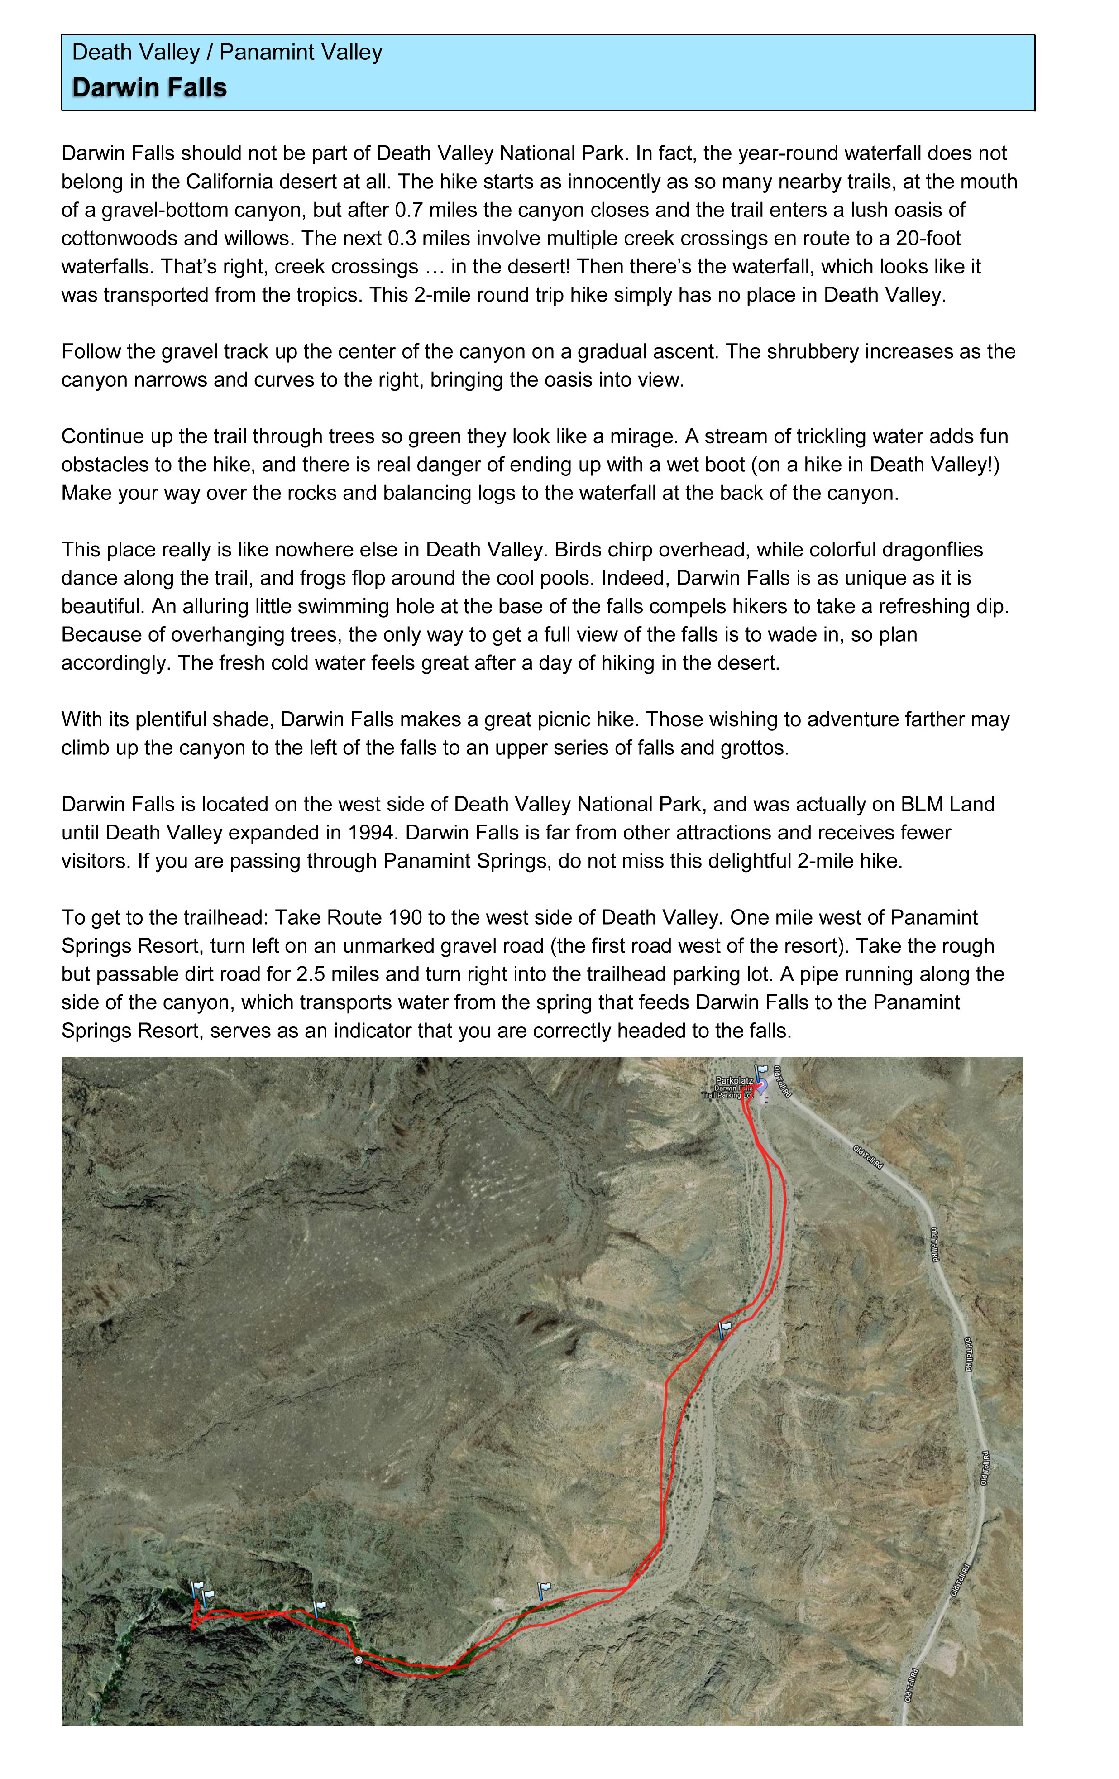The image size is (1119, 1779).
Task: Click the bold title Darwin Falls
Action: click(149, 88)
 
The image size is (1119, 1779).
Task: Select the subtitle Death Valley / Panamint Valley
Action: click(227, 53)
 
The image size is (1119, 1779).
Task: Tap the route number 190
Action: click(402, 918)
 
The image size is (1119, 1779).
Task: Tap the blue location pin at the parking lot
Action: click(761, 1084)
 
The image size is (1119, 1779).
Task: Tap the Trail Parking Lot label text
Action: click(727, 1095)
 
